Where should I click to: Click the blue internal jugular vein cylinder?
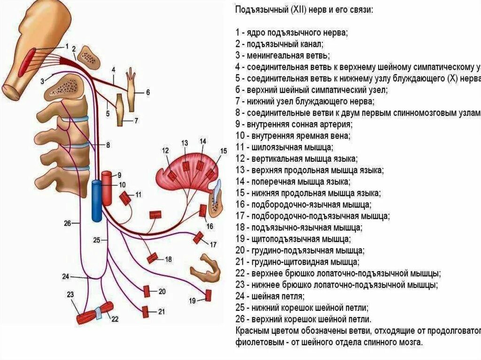(x=96, y=200)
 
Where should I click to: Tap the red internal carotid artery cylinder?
(x=107, y=188)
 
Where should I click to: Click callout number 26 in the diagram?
(x=67, y=223)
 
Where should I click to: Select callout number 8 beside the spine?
(x=108, y=146)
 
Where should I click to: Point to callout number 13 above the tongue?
(x=185, y=143)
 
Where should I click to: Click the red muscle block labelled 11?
(x=125, y=198)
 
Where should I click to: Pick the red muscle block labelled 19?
(x=208, y=295)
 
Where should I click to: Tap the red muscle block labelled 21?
(x=146, y=311)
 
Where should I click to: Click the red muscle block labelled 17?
(x=198, y=238)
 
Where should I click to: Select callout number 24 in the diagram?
(x=65, y=276)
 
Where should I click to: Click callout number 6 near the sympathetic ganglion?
(x=147, y=92)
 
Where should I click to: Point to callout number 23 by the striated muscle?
(x=70, y=295)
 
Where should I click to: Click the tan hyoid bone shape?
(x=205, y=269)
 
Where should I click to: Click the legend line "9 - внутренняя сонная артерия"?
(x=294, y=125)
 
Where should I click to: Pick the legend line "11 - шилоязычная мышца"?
(x=285, y=147)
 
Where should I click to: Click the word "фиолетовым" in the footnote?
(x=256, y=342)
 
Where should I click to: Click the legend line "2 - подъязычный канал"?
(x=279, y=44)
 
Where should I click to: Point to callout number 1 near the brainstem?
(x=67, y=46)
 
